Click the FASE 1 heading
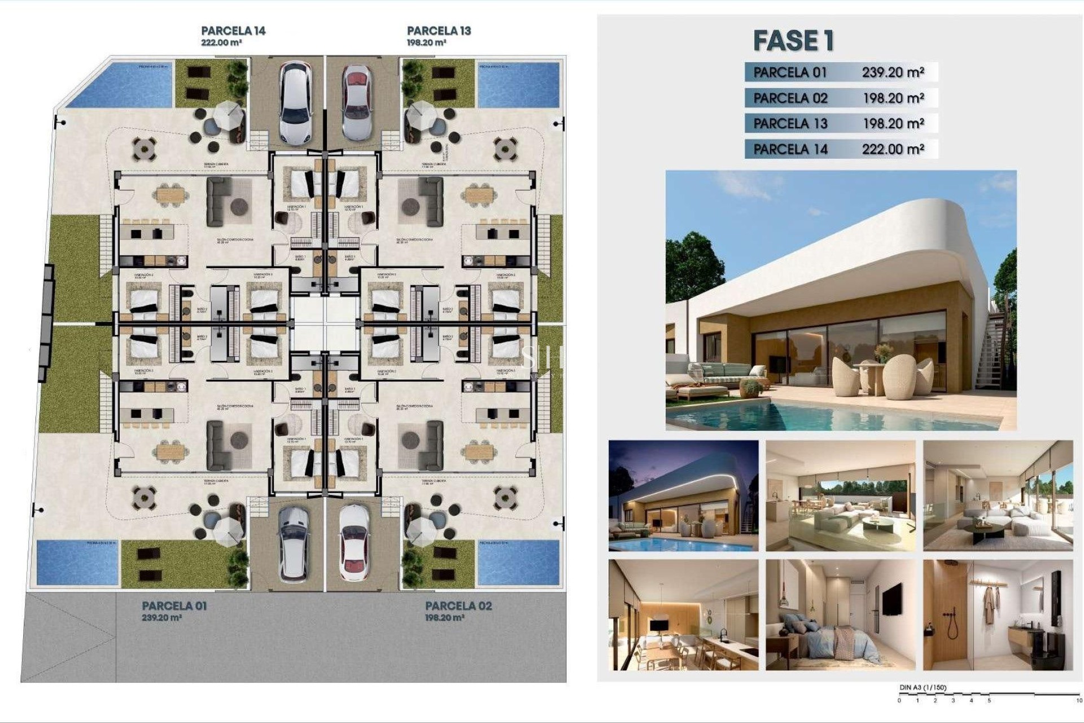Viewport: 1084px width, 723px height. point(793,40)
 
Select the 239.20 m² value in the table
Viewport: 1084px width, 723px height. point(893,72)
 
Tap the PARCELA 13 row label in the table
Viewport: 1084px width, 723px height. point(790,123)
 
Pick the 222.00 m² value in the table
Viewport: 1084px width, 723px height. point(893,149)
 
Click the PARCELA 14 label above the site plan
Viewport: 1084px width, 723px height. point(233,31)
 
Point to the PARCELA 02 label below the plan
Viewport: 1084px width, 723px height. point(458,606)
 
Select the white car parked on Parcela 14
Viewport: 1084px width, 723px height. point(295,102)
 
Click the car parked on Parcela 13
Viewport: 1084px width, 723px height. point(357,102)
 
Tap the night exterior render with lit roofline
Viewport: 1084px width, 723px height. point(683,496)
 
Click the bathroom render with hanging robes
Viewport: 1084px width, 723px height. point(998,615)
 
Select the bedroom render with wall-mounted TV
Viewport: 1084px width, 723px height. point(840,615)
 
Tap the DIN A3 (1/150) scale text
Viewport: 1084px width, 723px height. point(923,687)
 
